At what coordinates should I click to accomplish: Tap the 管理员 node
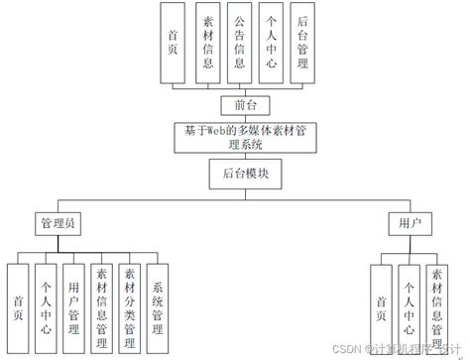[x=59, y=223]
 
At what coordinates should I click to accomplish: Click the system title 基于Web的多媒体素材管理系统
[x=237, y=136]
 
